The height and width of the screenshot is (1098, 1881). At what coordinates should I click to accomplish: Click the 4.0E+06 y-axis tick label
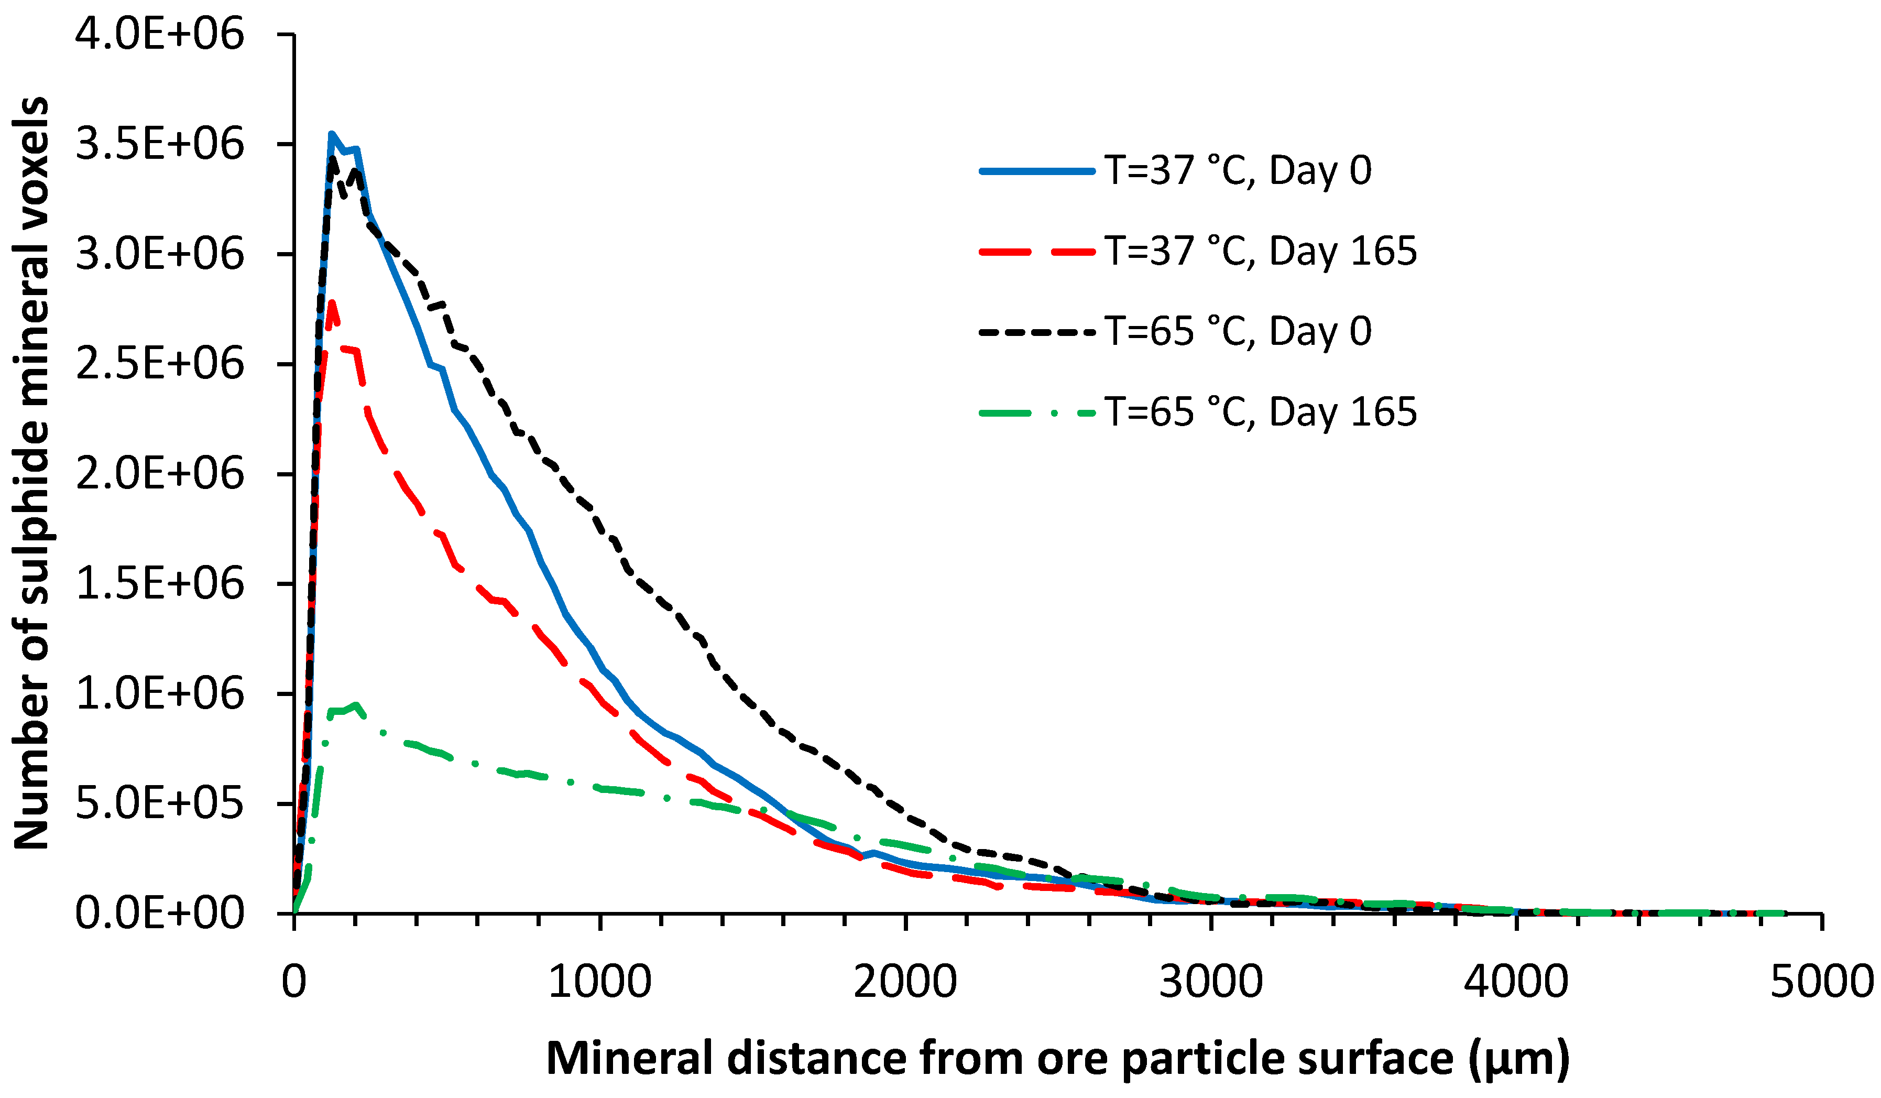tap(159, 35)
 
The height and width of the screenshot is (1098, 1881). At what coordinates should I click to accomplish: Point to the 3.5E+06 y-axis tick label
tap(159, 144)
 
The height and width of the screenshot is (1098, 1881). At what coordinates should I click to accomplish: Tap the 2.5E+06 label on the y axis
tap(159, 364)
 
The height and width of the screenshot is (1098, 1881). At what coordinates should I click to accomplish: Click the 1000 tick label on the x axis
tap(599, 982)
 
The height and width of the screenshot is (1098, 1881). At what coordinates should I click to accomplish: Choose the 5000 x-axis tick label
tap(1821, 982)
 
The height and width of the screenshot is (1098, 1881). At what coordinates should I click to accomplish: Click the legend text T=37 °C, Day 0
tap(1238, 171)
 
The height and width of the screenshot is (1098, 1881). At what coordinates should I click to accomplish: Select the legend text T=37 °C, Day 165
tap(1260, 251)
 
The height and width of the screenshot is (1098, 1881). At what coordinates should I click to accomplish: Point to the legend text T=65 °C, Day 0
tap(1238, 331)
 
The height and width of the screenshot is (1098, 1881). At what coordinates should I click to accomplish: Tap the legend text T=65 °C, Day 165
tap(1260, 412)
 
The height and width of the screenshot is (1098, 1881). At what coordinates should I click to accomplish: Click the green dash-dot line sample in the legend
tap(1037, 412)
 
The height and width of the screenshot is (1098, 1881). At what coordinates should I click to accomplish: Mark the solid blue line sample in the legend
tap(1037, 171)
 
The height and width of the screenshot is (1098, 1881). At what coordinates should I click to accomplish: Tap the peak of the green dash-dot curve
tap(356, 704)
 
